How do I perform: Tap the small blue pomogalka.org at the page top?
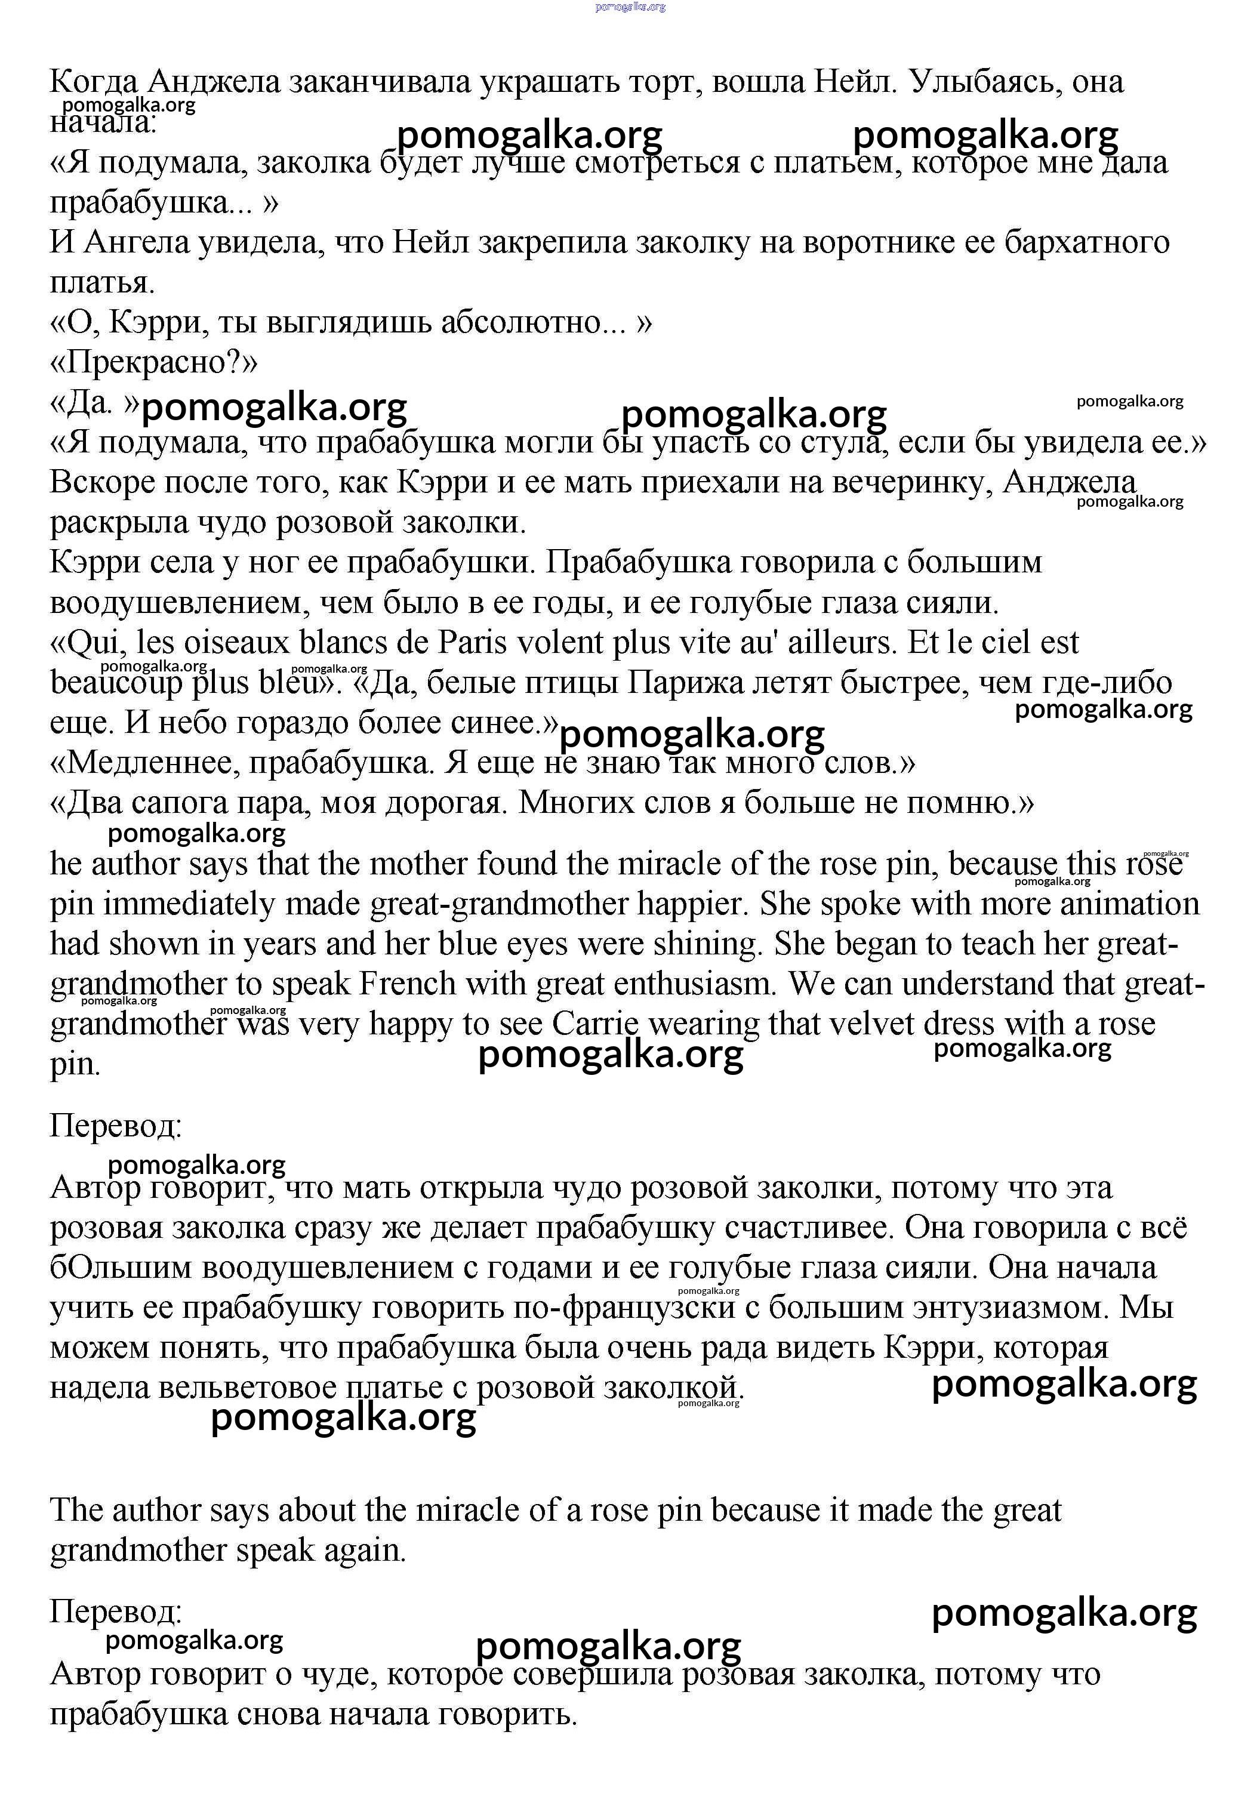tap(630, 7)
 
